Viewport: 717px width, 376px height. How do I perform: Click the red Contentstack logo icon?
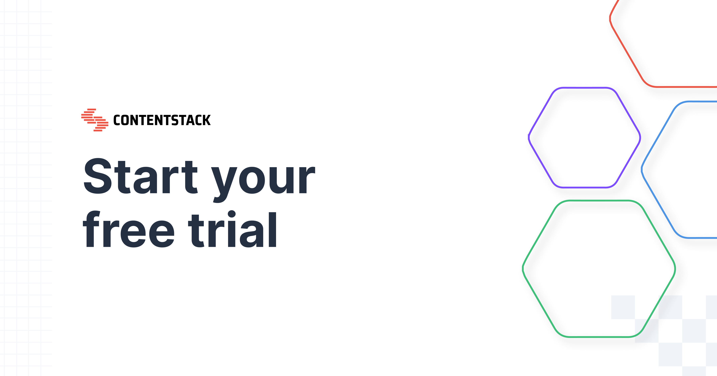click(x=95, y=120)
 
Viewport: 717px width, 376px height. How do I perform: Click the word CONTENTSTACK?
click(x=162, y=120)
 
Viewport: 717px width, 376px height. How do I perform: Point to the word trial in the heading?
click(x=232, y=229)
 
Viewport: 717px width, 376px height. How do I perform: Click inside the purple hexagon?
click(x=585, y=138)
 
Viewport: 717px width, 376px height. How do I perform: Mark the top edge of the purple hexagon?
click(x=585, y=88)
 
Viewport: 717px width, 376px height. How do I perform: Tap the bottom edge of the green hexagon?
click(x=598, y=337)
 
